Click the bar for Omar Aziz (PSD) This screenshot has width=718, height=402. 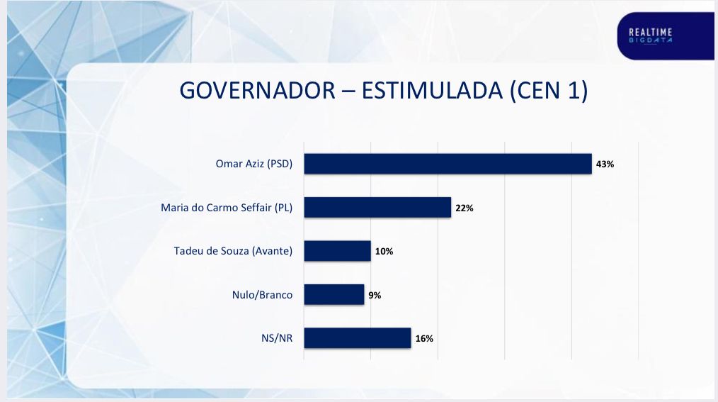(448, 164)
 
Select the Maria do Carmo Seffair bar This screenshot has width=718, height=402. (377, 208)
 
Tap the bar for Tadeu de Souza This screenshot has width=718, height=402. (337, 251)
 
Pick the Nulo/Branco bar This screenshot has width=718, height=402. (334, 294)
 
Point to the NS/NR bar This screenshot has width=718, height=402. (357, 338)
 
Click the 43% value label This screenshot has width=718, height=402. (605, 164)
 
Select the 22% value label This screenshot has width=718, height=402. (465, 208)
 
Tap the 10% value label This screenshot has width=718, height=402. (384, 251)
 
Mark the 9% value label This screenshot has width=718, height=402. (375, 295)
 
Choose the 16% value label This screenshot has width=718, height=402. (424, 338)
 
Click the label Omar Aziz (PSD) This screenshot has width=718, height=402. (253, 164)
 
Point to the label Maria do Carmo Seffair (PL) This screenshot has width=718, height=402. (227, 208)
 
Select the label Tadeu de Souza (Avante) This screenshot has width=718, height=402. (233, 251)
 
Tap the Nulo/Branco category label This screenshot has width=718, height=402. (262, 295)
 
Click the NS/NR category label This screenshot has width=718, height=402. (276, 338)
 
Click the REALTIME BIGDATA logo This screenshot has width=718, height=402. (650, 35)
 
